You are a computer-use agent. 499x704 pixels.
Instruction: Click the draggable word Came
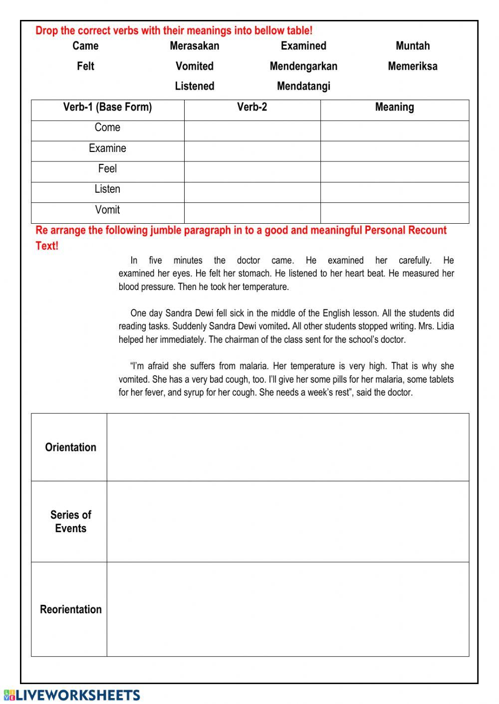pos(85,46)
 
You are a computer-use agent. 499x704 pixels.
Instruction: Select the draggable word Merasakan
pos(194,46)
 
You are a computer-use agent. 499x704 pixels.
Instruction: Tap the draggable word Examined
pos(303,46)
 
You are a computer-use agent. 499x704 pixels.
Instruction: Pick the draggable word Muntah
pos(412,46)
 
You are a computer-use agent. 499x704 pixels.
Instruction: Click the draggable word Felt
pos(85,66)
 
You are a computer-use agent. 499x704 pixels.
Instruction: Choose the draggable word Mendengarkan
pos(303,66)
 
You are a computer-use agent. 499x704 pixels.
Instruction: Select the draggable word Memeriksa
pos(412,66)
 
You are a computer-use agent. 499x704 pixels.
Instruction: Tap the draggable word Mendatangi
pos(303,86)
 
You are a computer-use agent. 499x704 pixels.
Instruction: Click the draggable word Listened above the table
pos(194,86)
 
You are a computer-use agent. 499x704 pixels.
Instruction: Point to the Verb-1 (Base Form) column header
pos(107,107)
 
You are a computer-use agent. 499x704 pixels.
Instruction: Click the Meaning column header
pos(394,107)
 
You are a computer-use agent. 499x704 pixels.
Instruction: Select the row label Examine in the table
pos(107,148)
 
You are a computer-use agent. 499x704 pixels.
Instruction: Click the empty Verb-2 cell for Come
pos(252,131)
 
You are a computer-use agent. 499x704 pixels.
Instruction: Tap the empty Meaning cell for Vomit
pos(394,213)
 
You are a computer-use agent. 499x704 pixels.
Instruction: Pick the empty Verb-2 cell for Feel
pos(252,171)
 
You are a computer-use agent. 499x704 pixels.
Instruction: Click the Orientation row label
pos(70,447)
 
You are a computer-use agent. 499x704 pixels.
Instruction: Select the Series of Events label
pos(70,522)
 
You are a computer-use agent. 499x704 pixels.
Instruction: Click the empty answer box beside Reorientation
pos(287,609)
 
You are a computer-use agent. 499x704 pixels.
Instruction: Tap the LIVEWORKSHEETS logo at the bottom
pos(72,695)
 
